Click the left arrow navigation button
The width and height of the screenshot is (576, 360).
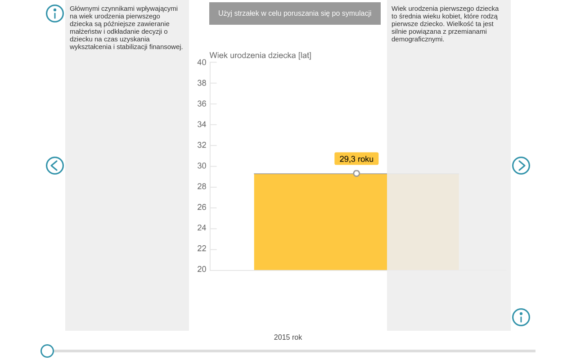[x=55, y=166]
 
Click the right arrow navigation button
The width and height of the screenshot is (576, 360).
[x=521, y=166]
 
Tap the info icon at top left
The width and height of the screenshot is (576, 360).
[x=55, y=13]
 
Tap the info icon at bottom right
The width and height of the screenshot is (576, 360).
[x=521, y=317]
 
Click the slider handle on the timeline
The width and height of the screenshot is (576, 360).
[x=47, y=351]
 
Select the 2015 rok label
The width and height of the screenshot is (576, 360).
[x=288, y=337]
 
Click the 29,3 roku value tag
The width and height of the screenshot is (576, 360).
[x=356, y=159]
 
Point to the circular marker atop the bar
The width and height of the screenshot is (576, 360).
[x=356, y=173]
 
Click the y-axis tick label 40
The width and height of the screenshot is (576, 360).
[x=202, y=63]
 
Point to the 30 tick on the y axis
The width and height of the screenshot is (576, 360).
[x=202, y=166]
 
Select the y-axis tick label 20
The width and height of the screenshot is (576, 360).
[x=202, y=269]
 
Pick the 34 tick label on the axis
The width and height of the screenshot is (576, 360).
[x=202, y=125]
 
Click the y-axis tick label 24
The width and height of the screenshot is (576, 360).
[x=202, y=228]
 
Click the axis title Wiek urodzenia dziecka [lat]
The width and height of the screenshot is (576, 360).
[x=261, y=55]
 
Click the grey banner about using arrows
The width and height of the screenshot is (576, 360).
[x=295, y=13]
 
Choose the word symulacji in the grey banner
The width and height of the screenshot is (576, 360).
[x=356, y=13]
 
